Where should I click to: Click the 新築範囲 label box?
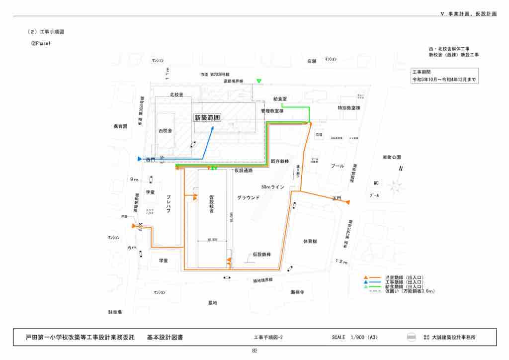coord(207,118)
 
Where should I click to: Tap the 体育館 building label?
coord(310,241)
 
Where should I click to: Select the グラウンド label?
coord(248,198)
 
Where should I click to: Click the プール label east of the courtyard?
coord(338,166)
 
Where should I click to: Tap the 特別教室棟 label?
coord(348,108)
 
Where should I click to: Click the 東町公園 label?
coord(392,157)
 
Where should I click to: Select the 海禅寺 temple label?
coord(297,292)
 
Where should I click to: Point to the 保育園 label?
coord(121,126)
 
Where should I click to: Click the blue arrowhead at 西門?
coord(140,159)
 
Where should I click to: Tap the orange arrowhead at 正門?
coord(348,202)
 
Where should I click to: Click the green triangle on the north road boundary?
coord(258,81)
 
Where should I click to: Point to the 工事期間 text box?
coord(444,76)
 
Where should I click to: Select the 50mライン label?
coord(273,187)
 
